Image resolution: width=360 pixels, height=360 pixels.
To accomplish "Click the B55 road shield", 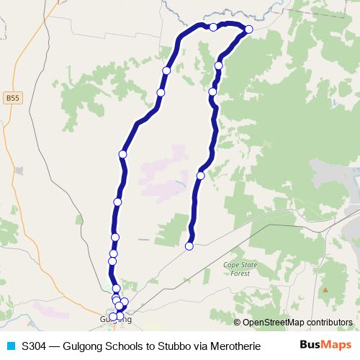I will (12, 97).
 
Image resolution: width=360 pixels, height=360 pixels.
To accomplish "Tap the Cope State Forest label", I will (240, 269).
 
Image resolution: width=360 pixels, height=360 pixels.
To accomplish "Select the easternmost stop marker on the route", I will (249, 29).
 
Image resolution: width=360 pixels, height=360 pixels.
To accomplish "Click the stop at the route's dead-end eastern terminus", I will (189, 246).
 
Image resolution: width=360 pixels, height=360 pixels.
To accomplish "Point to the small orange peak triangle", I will (325, 289).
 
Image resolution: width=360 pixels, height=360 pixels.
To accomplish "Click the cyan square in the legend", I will (10, 346).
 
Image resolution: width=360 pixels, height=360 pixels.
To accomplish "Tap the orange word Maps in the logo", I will (336, 345).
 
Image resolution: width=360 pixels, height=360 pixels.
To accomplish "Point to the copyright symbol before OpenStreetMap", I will (238, 322).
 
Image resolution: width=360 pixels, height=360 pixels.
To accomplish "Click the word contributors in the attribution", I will (329, 322).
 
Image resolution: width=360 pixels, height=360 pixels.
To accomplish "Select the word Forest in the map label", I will (240, 273).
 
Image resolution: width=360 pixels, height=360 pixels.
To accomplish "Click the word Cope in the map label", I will (232, 264).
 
